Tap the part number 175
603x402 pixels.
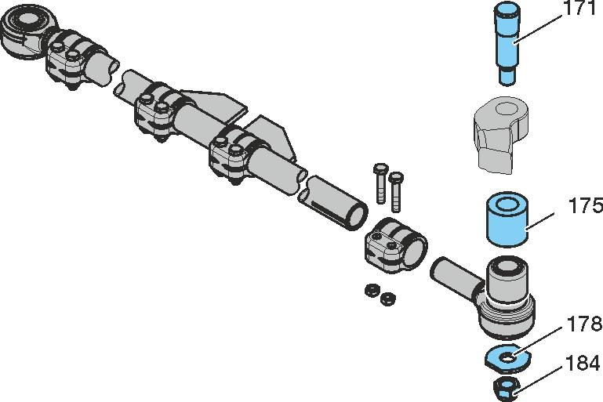pyautogui.click(x=586, y=207)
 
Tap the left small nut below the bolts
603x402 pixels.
pyautogui.click(x=370, y=291)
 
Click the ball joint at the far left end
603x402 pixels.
pyautogui.click(x=23, y=31)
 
